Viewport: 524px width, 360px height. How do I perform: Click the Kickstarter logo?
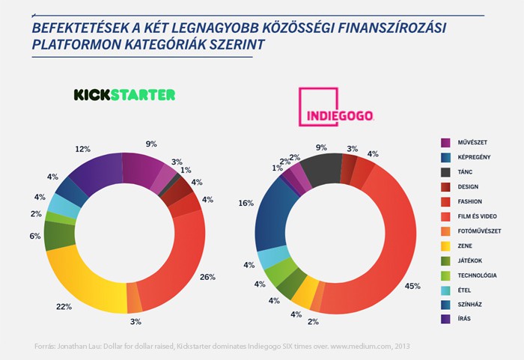(x=124, y=95)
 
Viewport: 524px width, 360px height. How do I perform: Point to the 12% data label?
(x=82, y=148)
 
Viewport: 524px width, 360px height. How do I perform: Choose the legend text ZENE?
(x=467, y=245)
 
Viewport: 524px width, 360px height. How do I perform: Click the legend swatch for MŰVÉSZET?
(x=445, y=141)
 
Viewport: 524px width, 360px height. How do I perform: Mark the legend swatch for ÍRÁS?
(x=445, y=320)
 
